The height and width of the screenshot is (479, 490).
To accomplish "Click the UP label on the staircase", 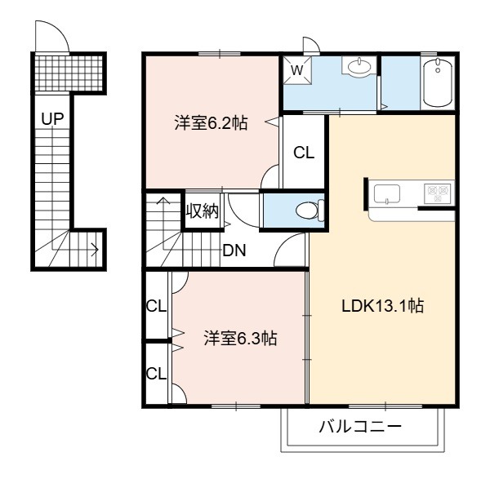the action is (53, 118).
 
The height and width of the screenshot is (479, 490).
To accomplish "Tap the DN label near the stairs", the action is (234, 251).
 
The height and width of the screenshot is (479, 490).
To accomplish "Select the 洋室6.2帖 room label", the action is (211, 123).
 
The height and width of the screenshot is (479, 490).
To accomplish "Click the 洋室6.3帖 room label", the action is (240, 338).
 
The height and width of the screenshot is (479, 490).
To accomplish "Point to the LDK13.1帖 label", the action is (383, 306).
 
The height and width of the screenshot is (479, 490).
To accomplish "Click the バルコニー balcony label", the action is (359, 427).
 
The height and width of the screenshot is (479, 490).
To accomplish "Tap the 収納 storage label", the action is (203, 211).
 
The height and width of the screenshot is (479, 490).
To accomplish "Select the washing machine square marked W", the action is (297, 70).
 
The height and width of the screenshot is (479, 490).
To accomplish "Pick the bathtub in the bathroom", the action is (438, 82).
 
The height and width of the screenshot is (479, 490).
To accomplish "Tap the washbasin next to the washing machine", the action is (359, 66).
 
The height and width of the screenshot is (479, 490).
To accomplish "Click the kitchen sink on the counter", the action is (387, 194).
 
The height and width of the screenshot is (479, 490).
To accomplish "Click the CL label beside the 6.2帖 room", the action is (304, 153).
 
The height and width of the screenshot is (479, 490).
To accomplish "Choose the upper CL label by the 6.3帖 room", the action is (156, 306).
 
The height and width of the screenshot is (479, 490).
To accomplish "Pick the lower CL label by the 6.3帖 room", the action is (156, 374).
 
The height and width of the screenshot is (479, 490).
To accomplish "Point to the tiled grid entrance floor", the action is (69, 73).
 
